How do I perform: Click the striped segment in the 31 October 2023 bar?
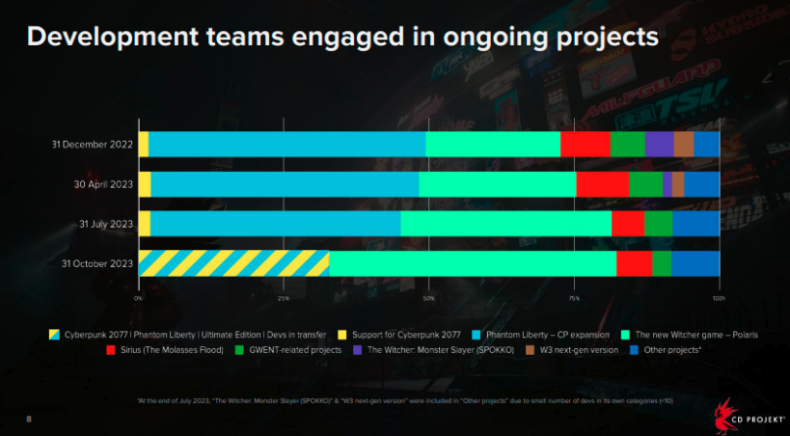[x=233, y=263]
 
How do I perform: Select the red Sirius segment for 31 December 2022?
[x=585, y=144]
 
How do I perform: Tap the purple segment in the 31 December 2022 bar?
[x=659, y=144]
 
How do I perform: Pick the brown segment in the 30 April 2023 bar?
[x=677, y=184]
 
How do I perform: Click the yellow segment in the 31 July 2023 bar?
[x=145, y=224]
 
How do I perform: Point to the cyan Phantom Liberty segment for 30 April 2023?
[x=285, y=184]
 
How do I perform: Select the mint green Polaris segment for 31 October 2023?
[x=473, y=263]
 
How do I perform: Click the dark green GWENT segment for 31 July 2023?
[x=658, y=224]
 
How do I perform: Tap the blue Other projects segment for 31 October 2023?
[x=695, y=263]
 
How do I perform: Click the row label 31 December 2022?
[x=93, y=145]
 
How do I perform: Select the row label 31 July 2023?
[x=106, y=224]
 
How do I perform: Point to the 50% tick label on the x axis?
[x=429, y=298]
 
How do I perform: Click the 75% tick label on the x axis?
[x=574, y=298]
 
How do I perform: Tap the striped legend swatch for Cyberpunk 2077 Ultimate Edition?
[x=55, y=334]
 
